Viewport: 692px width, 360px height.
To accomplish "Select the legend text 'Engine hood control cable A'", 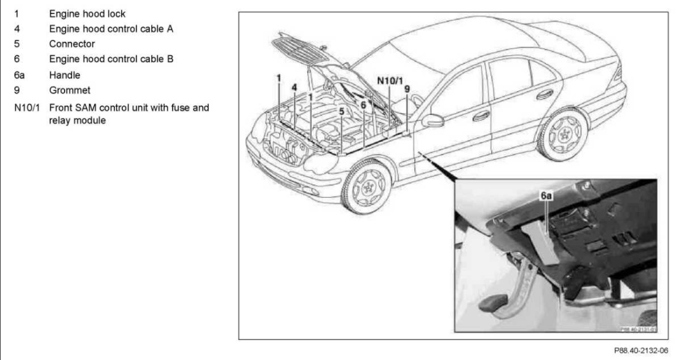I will click(x=110, y=28).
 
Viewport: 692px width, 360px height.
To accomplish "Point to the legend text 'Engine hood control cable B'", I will click(x=110, y=59).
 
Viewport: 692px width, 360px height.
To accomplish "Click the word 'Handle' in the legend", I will click(x=68, y=74).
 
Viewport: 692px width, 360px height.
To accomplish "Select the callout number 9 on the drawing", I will click(x=407, y=88).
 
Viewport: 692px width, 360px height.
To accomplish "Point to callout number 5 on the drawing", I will click(x=341, y=112).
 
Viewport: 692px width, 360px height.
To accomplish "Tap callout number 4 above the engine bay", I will click(x=294, y=87).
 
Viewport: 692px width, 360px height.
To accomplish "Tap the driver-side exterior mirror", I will click(x=432, y=121).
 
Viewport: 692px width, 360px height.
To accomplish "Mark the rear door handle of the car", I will click(x=545, y=94).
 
